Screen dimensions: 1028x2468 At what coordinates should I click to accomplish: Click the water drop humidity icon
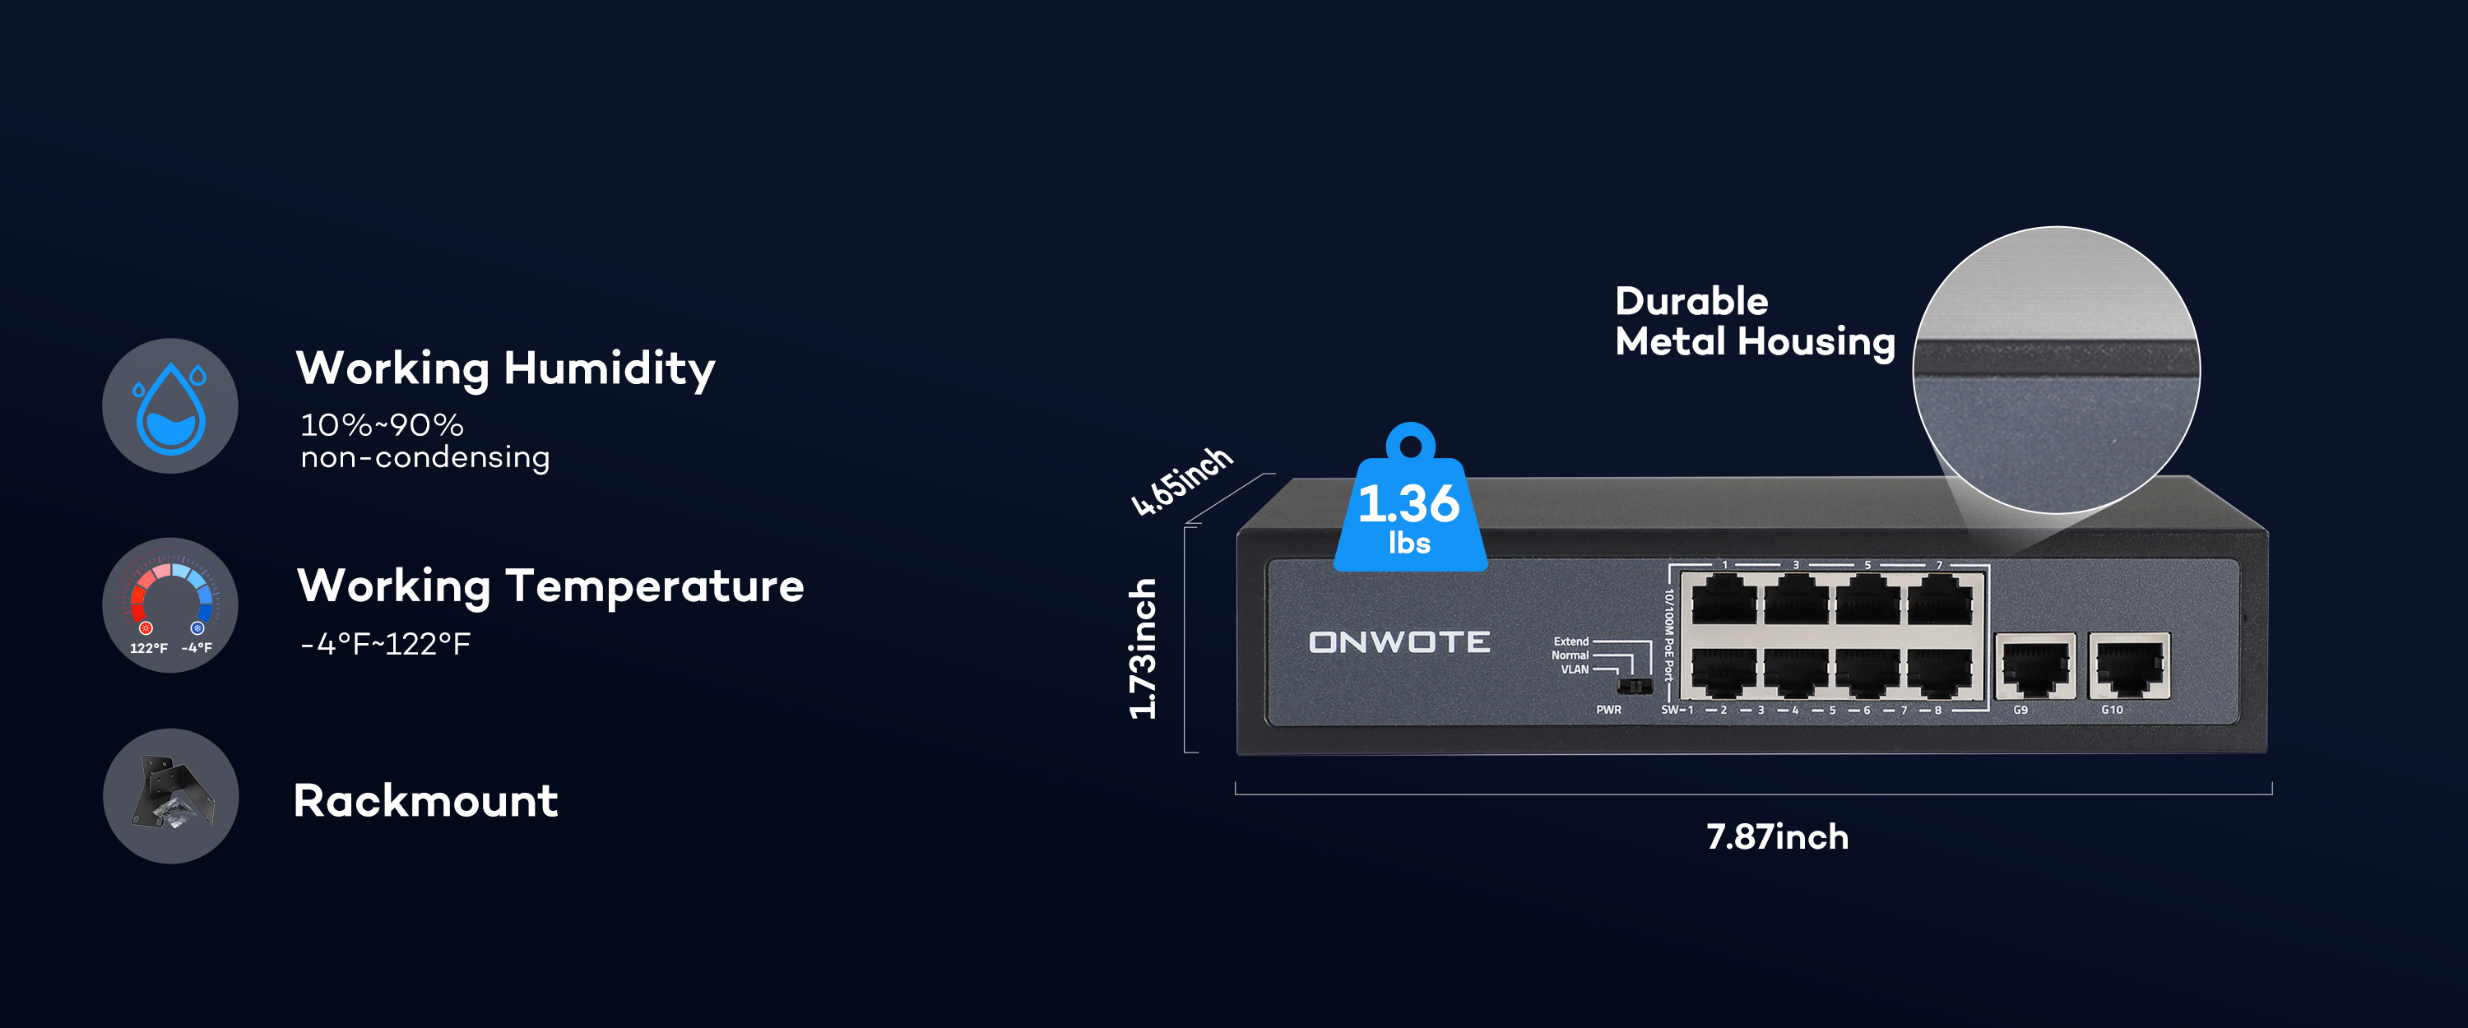(x=169, y=405)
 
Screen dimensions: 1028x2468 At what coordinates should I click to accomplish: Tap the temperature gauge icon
(x=169, y=604)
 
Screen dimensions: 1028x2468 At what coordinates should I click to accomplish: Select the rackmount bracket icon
(x=169, y=796)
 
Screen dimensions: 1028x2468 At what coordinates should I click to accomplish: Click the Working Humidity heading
(x=505, y=369)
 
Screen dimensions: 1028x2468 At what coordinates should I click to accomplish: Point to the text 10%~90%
(x=382, y=424)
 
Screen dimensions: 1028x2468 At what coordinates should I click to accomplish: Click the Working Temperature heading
(x=550, y=586)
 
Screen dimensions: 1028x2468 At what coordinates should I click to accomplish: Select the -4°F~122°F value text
(x=385, y=644)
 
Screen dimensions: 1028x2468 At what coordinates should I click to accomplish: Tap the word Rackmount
(x=425, y=801)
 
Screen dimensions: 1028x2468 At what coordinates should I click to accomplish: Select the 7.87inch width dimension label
(x=1777, y=837)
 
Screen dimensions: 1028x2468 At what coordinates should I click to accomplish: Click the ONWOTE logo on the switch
(x=1399, y=642)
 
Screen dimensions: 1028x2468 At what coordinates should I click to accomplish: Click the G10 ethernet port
(x=2128, y=667)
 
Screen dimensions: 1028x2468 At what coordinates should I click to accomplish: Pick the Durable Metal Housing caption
(x=1754, y=321)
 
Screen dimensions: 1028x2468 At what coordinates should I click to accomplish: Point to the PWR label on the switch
(x=1608, y=710)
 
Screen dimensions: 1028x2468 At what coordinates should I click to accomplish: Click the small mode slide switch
(x=1635, y=686)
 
